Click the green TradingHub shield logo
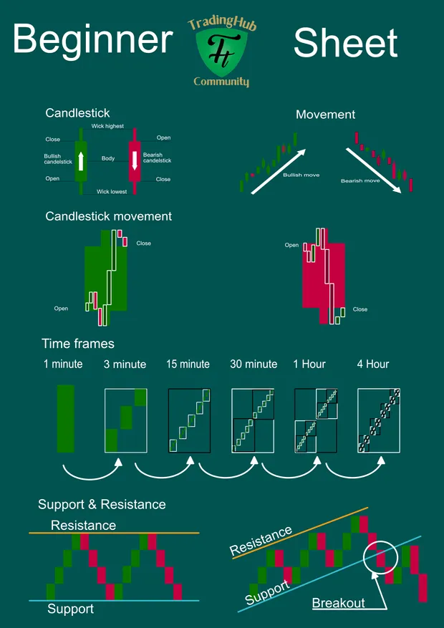point(223,53)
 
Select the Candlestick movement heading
point(109,216)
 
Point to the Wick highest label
point(107,126)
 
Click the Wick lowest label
point(112,192)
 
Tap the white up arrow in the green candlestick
point(81,161)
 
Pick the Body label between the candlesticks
point(108,158)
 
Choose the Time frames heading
point(78,344)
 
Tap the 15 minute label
point(188,364)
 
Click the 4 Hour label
point(372,364)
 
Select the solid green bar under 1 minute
point(66,419)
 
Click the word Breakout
point(338,603)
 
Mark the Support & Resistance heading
point(102,504)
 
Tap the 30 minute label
point(254,364)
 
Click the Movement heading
point(326,115)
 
